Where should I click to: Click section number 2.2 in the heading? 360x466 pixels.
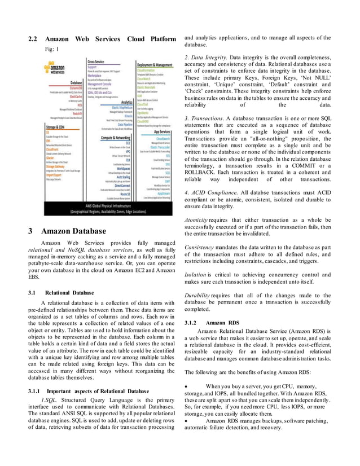[33, 39]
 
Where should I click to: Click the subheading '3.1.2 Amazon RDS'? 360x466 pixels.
[212, 323]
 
